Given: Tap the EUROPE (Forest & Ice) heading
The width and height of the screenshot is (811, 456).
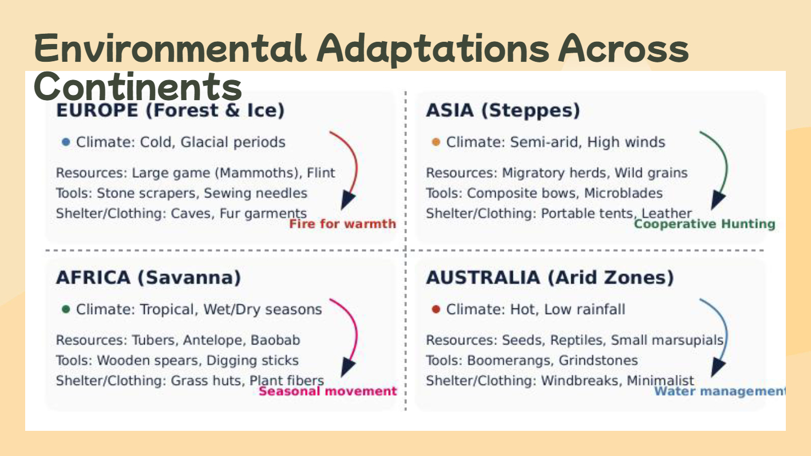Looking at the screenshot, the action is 171,110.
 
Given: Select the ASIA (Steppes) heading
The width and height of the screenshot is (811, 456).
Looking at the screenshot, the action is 503,110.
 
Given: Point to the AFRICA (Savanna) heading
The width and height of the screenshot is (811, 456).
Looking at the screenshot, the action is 148,277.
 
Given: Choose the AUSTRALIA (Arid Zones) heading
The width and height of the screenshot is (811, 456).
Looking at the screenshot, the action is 550,277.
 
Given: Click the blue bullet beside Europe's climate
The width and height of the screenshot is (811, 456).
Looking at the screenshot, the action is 66,142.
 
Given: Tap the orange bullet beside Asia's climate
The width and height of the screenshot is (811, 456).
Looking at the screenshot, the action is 436,142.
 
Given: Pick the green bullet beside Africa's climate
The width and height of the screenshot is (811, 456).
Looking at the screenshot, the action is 66,309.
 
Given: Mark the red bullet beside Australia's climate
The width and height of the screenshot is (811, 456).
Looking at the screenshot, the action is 436,309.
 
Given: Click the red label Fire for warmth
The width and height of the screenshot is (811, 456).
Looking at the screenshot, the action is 342,224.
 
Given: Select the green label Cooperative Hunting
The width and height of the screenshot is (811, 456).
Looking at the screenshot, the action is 705,224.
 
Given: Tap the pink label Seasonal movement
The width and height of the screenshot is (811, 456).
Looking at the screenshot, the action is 328,391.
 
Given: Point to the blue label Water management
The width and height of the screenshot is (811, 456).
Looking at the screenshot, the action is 720,391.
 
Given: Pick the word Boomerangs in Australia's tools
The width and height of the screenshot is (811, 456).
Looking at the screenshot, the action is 510,361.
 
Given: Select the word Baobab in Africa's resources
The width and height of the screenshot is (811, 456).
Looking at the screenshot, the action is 275,340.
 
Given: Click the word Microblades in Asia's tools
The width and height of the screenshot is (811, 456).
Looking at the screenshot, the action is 623,193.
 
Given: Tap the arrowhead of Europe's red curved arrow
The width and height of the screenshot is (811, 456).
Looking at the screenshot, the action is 347,200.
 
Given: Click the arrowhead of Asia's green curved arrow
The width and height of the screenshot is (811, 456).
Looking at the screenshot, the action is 718,200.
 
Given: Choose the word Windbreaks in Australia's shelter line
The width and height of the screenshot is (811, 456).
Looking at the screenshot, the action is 580,380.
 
